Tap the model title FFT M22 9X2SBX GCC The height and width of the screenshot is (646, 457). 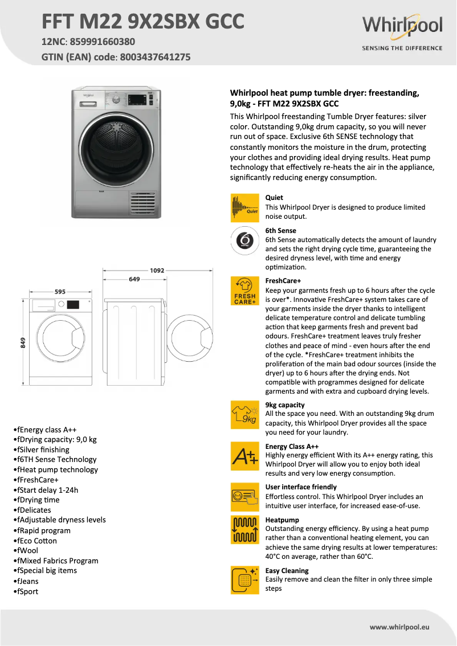tap(143, 22)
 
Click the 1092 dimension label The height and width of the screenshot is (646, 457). tap(157, 271)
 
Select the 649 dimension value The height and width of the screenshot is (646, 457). tap(135, 279)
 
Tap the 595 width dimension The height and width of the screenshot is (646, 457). tap(60, 291)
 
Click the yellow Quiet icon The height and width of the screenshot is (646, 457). tap(244, 207)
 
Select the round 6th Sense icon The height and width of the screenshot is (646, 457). tap(244, 240)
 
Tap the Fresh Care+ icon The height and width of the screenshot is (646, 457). tap(244, 291)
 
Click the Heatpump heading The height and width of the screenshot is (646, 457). tap(282, 520)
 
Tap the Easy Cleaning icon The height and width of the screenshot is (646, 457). tap(244, 580)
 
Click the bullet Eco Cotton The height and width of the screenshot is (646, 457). tap(37, 541)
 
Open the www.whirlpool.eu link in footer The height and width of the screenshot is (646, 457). tap(399, 627)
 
